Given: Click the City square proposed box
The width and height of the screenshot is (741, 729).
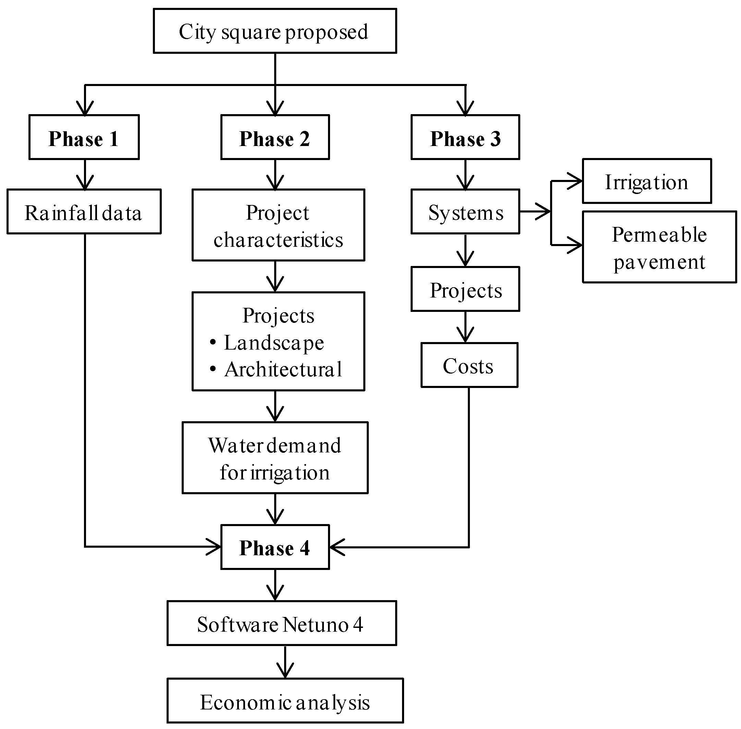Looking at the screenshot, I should pyautogui.click(x=275, y=31).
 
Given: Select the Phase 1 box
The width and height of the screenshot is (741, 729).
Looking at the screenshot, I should pyautogui.click(x=84, y=137).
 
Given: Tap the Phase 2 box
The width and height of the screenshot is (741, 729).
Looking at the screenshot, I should pyautogui.click(x=275, y=137).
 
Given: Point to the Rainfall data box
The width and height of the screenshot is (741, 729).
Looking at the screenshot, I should pyautogui.click(x=84, y=211).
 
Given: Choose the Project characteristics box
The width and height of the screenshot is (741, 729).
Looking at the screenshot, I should pyautogui.click(x=278, y=225).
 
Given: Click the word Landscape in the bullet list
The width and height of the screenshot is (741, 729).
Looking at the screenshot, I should pyautogui.click(x=274, y=342).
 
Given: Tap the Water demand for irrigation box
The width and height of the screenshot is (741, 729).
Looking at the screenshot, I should pyautogui.click(x=275, y=458).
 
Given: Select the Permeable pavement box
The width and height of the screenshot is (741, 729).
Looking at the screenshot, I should pyautogui.click(x=659, y=247).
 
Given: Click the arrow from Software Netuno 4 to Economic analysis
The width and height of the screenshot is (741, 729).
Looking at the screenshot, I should pyautogui.click(x=285, y=663).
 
